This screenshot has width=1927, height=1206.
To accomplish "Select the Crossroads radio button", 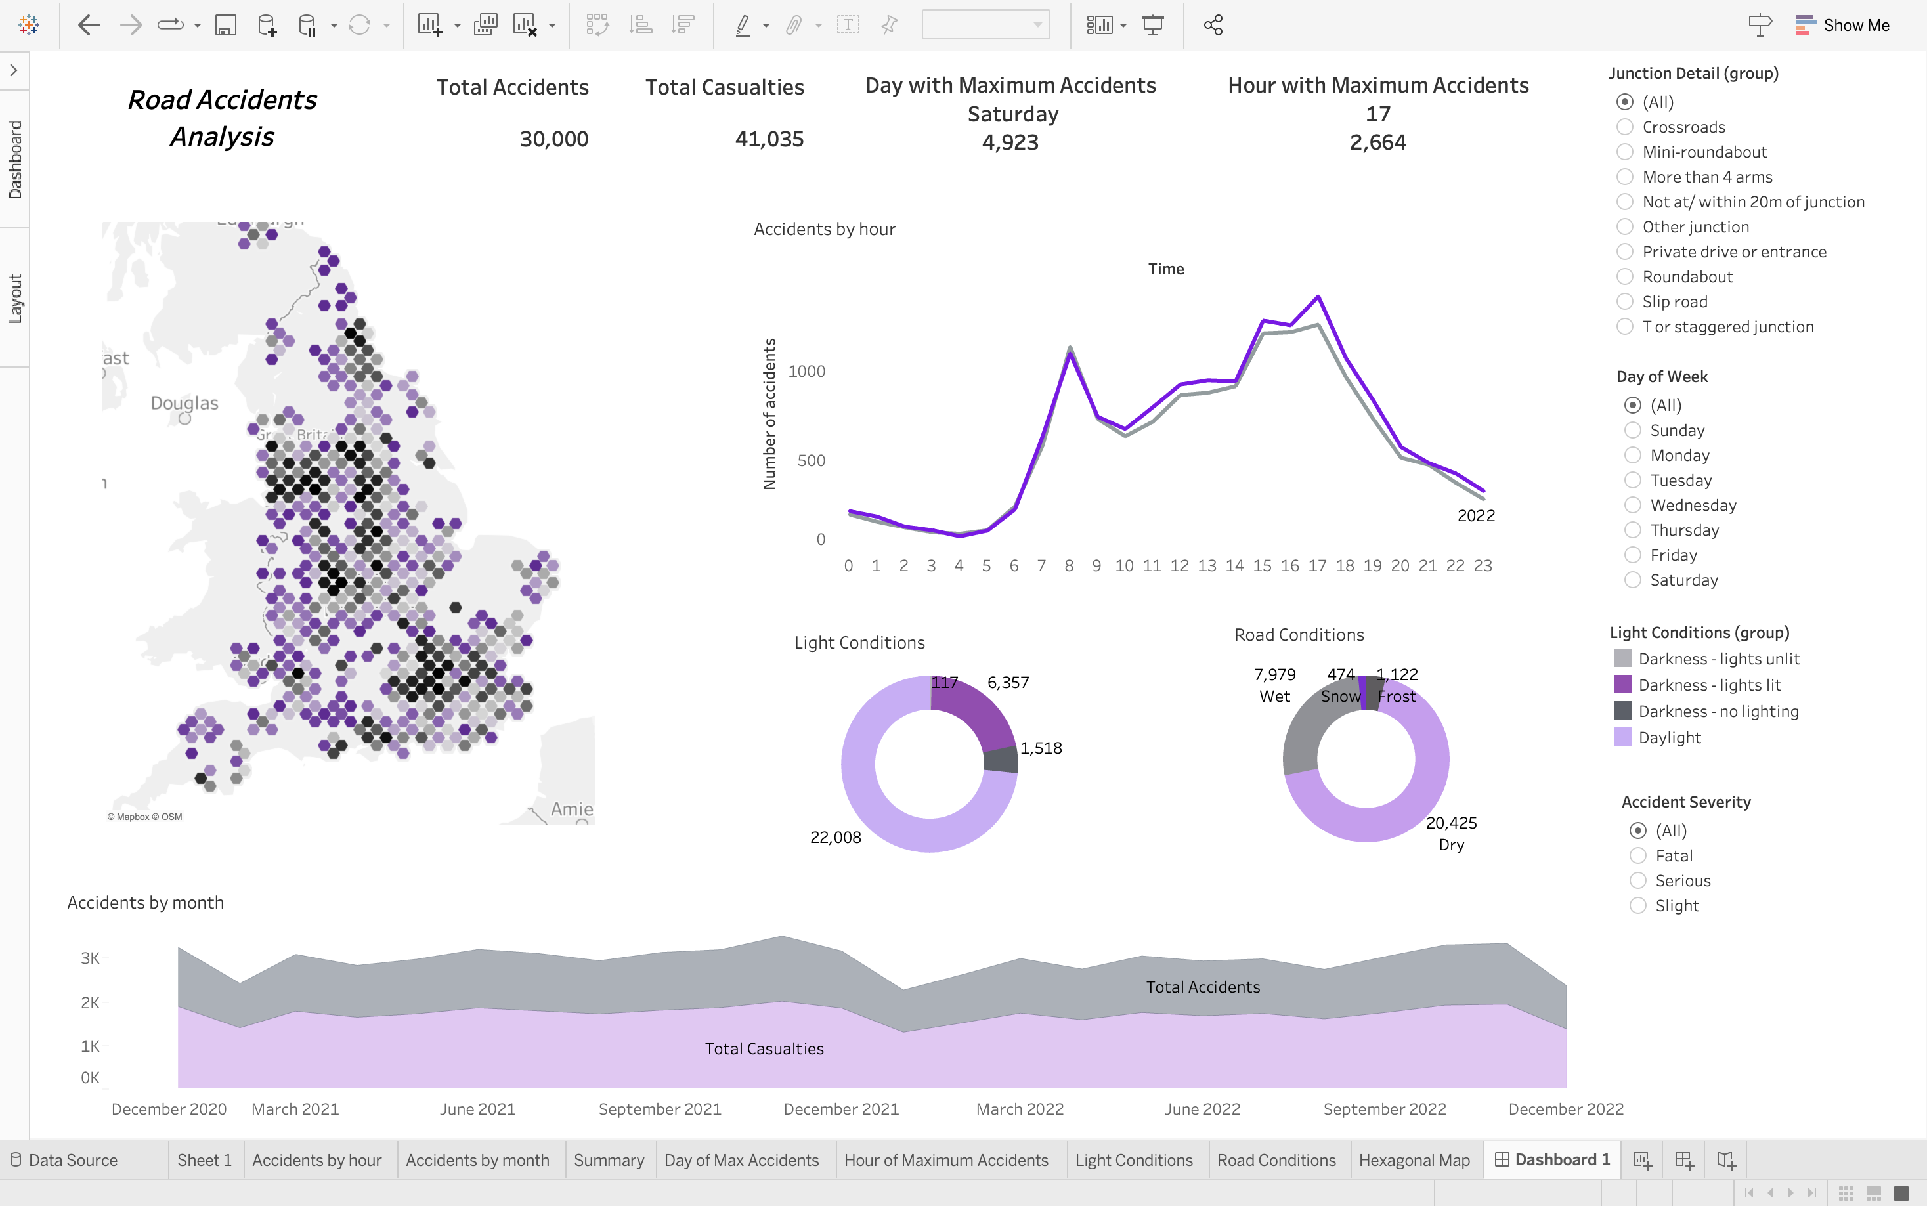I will (1625, 127).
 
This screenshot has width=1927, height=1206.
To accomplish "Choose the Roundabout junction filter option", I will (1625, 277).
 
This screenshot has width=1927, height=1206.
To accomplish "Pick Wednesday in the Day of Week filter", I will (1633, 505).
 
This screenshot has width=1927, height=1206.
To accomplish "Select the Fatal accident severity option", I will (1637, 856).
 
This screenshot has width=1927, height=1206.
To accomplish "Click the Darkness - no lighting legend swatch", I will (1622, 711).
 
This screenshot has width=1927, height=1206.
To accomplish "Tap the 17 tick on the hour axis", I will (1317, 565).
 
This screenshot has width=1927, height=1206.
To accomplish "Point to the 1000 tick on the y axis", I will (806, 371).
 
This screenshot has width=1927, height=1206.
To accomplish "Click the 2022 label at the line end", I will (1475, 516).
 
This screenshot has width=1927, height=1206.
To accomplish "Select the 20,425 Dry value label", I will (1451, 823).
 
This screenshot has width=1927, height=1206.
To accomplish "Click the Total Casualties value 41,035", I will (769, 139).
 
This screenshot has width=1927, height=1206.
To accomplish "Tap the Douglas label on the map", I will (184, 403).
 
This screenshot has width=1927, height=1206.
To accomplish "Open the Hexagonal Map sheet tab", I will (1414, 1160).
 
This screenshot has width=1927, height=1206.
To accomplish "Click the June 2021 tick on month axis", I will (477, 1109).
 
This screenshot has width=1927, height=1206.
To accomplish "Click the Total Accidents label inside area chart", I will (1202, 987).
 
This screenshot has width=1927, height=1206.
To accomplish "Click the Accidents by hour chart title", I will (824, 229).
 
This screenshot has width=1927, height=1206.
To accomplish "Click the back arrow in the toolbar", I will (89, 26).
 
